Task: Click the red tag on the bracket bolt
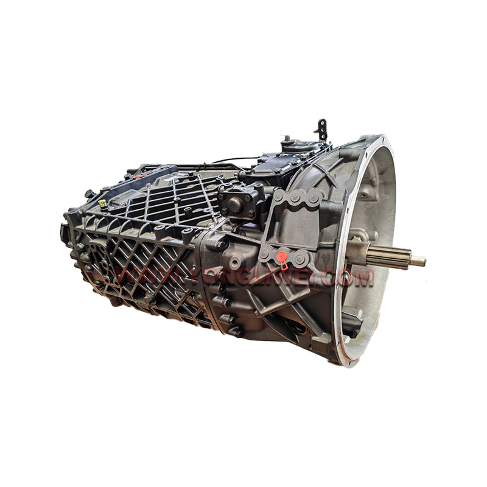(x=282, y=259)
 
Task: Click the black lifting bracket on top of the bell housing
(x=321, y=129)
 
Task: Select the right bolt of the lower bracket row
(x=299, y=255)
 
